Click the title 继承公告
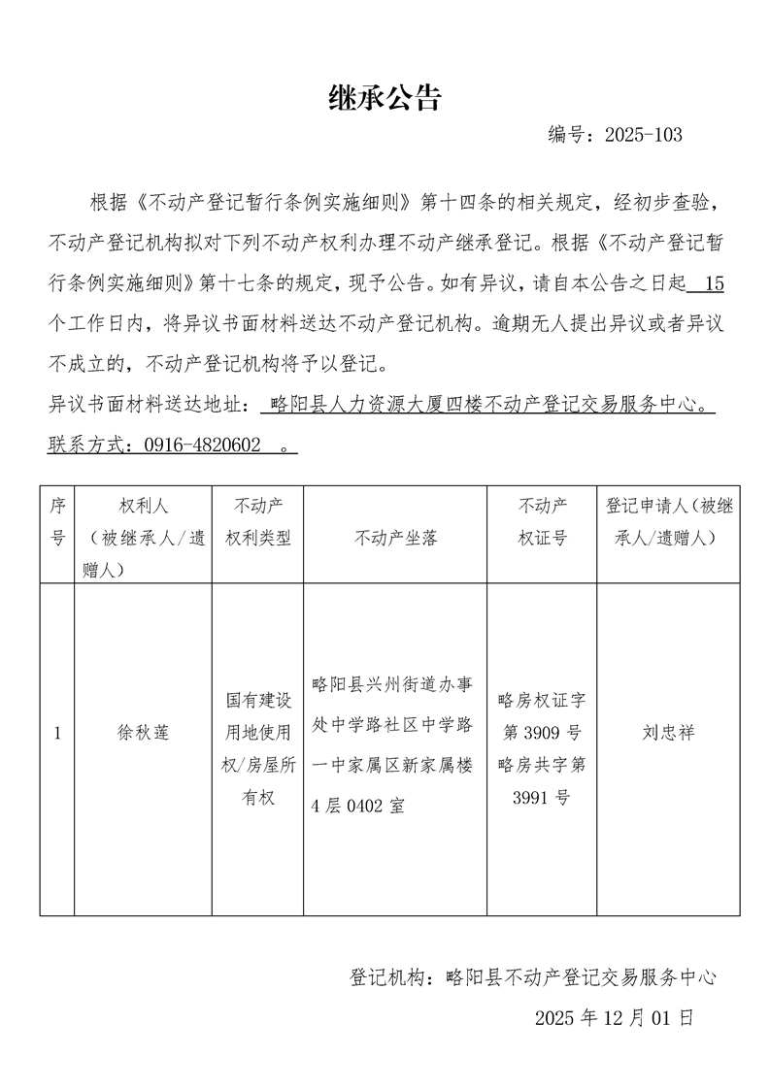tap(385, 97)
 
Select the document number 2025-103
tap(643, 135)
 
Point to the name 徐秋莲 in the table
tap(143, 733)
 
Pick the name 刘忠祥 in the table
tap(668, 733)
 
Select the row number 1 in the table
tap(57, 733)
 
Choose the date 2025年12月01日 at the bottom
tap(614, 1018)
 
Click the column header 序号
tap(57, 521)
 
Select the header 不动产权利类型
tap(257, 521)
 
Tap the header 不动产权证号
tap(542, 521)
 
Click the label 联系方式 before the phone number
tap(90, 445)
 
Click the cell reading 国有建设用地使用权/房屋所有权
tap(257, 748)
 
